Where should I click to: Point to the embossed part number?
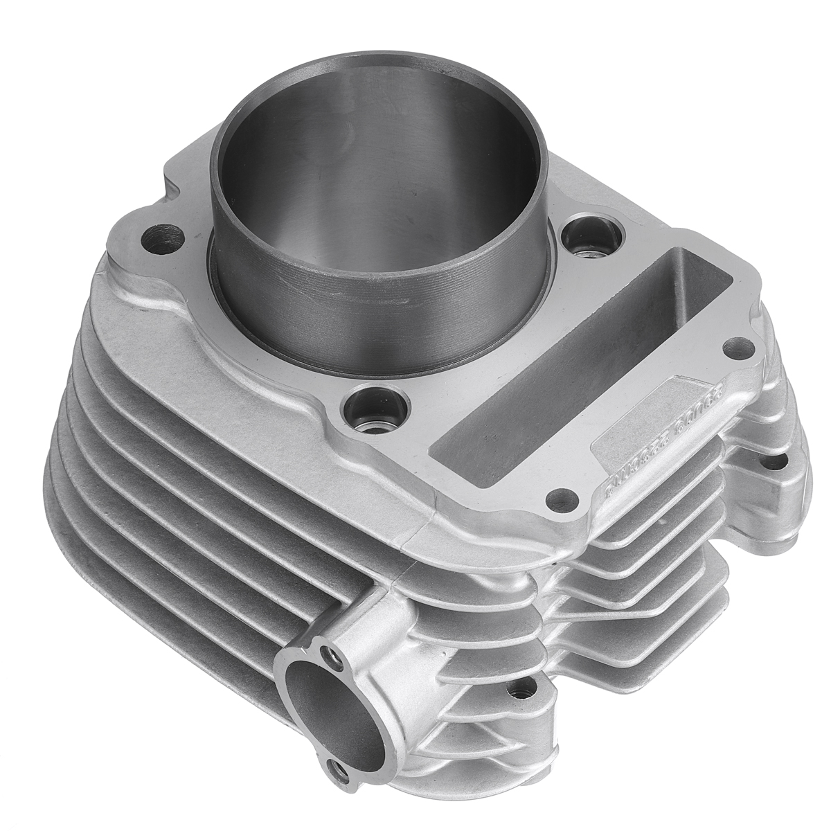[x=644, y=443]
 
